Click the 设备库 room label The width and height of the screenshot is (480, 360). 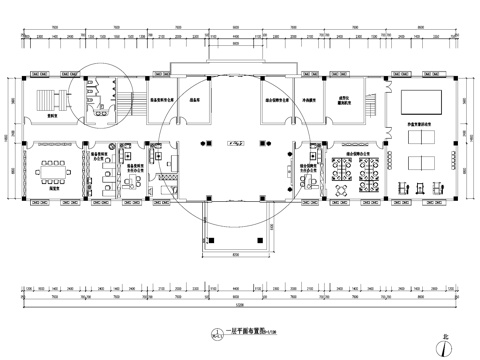(197, 100)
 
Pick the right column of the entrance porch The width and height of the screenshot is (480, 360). (268, 238)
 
